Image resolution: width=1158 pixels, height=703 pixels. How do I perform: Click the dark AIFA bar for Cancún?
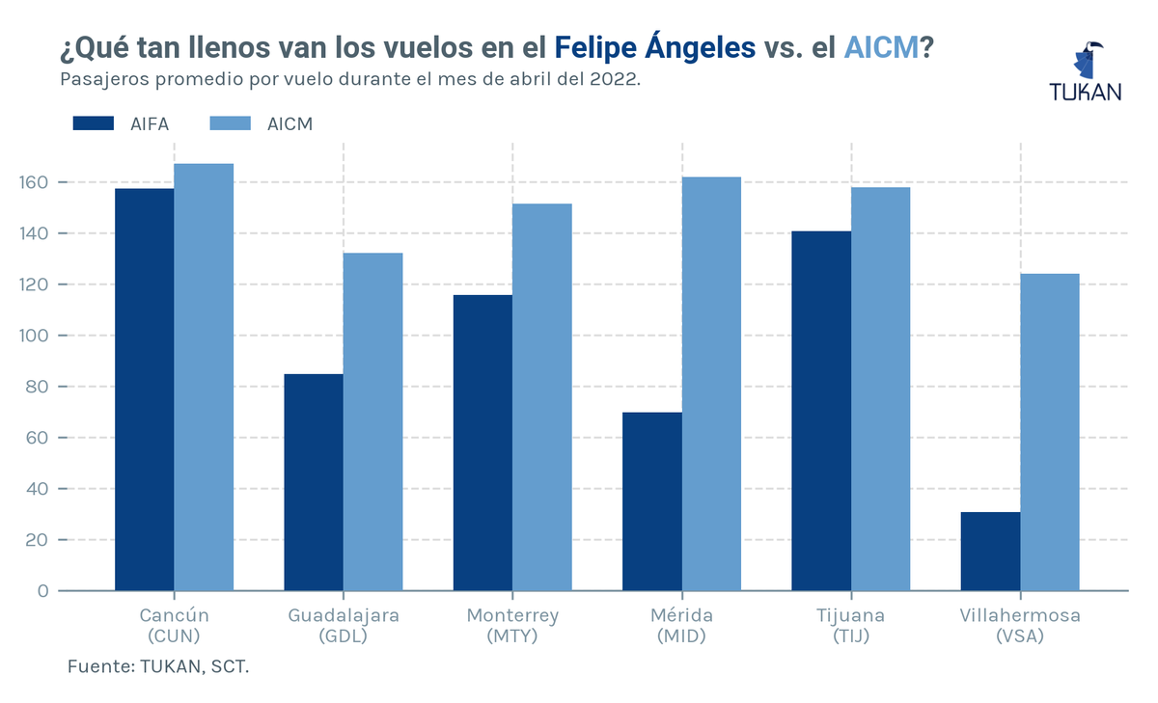[x=144, y=390]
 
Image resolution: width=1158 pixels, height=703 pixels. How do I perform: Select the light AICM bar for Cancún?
[x=204, y=377]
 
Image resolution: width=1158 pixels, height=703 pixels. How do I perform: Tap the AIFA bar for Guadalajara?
[x=314, y=482]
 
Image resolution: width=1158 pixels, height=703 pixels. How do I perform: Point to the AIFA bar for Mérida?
[x=652, y=501]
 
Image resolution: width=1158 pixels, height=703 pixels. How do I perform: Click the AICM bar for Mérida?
[x=712, y=384]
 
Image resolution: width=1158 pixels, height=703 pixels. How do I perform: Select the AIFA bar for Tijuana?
[x=821, y=411]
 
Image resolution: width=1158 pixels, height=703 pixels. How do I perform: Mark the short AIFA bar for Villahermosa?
[x=990, y=552]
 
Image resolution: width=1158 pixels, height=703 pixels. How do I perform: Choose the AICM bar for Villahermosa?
[x=1050, y=432]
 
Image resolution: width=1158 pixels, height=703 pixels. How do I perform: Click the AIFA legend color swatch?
[x=94, y=123]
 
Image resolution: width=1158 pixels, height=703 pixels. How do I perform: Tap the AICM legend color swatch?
[x=230, y=123]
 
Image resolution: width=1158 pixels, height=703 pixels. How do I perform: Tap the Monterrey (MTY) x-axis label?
[x=512, y=626]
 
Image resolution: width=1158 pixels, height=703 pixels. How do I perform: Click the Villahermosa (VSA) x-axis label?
[x=1020, y=626]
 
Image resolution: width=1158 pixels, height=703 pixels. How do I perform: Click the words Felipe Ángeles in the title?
[x=655, y=46]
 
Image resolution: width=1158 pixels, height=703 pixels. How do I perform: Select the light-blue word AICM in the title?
[x=881, y=46]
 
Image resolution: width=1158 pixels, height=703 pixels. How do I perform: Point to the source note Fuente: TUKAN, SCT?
[x=158, y=666]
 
